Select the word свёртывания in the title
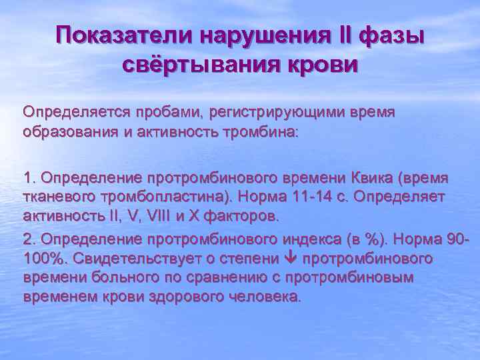203,65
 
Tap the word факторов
248,217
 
